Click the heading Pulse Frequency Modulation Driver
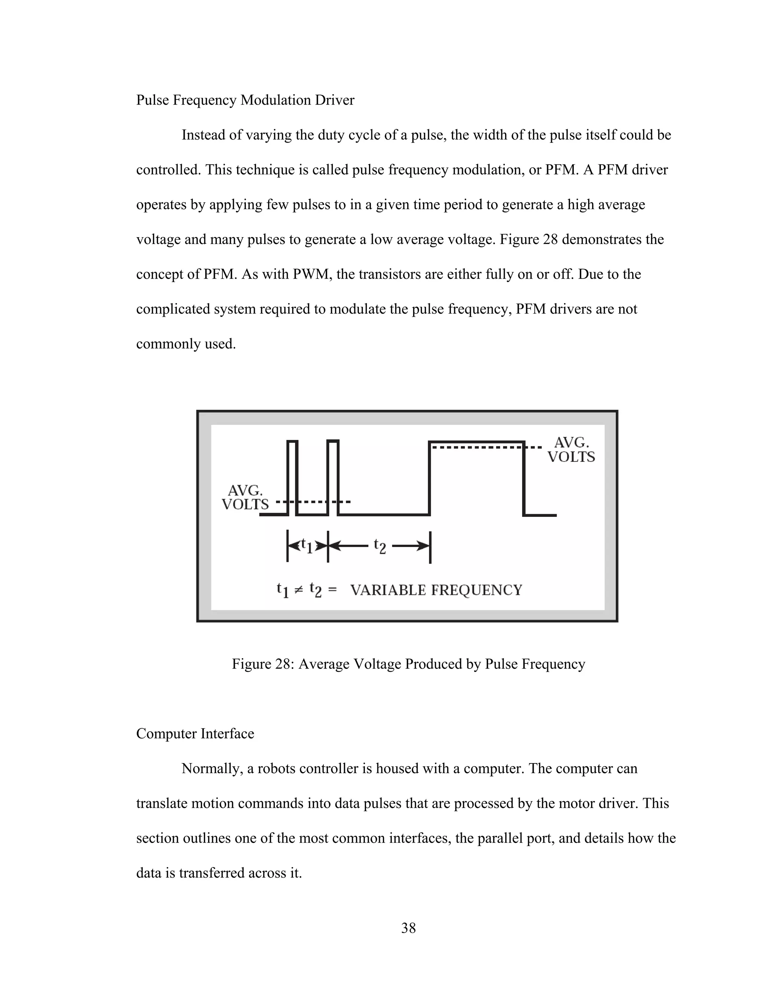click(245, 100)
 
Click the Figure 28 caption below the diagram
click(408, 664)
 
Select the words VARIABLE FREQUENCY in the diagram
click(436, 590)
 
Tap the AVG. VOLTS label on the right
click(571, 450)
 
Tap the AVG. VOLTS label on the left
click(245, 498)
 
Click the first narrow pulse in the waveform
click(293, 476)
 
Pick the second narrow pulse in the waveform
click(333, 476)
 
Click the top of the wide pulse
click(476, 441)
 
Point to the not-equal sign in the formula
click(298, 590)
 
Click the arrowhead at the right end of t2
click(424, 546)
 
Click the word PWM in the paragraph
click(312, 274)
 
